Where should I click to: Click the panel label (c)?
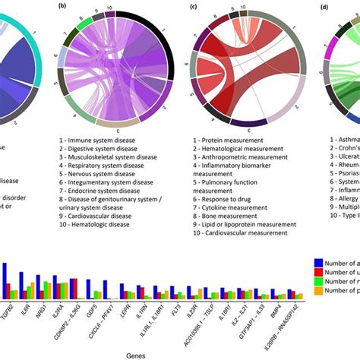pos(194,7)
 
